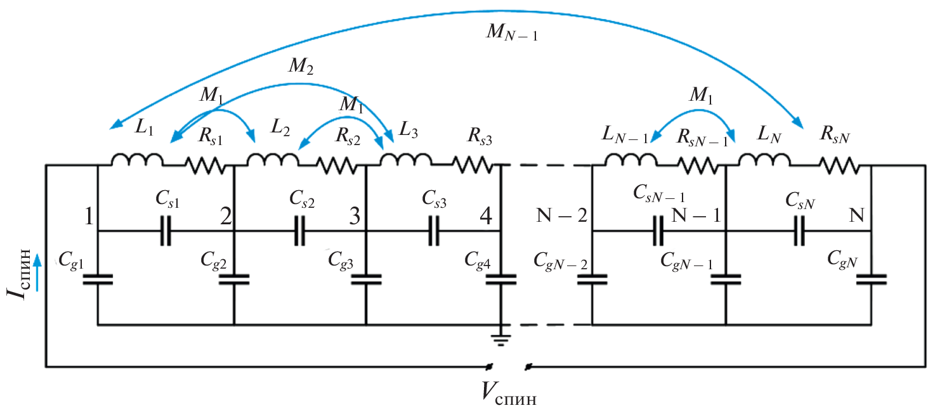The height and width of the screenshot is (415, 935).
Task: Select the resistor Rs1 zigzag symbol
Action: click(x=204, y=166)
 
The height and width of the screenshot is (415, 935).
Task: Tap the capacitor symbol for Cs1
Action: click(x=166, y=231)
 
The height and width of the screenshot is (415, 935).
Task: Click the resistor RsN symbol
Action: click(x=839, y=166)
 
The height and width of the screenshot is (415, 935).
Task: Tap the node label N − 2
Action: click(x=561, y=217)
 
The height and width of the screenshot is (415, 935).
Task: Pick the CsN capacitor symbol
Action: click(x=799, y=231)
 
